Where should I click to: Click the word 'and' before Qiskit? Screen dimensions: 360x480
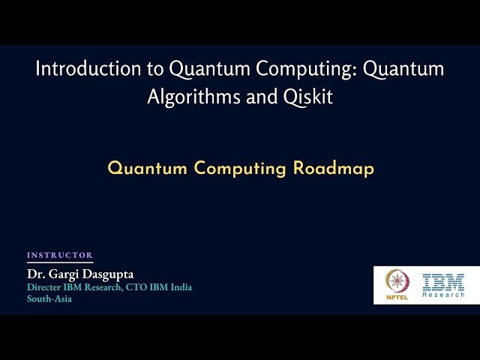[x=262, y=97]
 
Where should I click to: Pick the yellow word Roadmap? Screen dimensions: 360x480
[x=334, y=169]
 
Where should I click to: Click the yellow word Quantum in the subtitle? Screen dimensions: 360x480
[x=147, y=169]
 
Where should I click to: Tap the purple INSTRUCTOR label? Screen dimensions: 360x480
[x=60, y=255]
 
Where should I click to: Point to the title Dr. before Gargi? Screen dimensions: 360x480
[x=36, y=274]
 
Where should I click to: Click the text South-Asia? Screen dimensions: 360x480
[x=49, y=298]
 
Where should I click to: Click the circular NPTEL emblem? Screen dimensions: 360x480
[x=397, y=280]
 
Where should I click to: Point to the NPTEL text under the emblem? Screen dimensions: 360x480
[x=397, y=297]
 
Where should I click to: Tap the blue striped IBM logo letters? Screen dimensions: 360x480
[x=443, y=281]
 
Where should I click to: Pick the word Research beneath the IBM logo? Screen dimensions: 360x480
[x=443, y=295]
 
